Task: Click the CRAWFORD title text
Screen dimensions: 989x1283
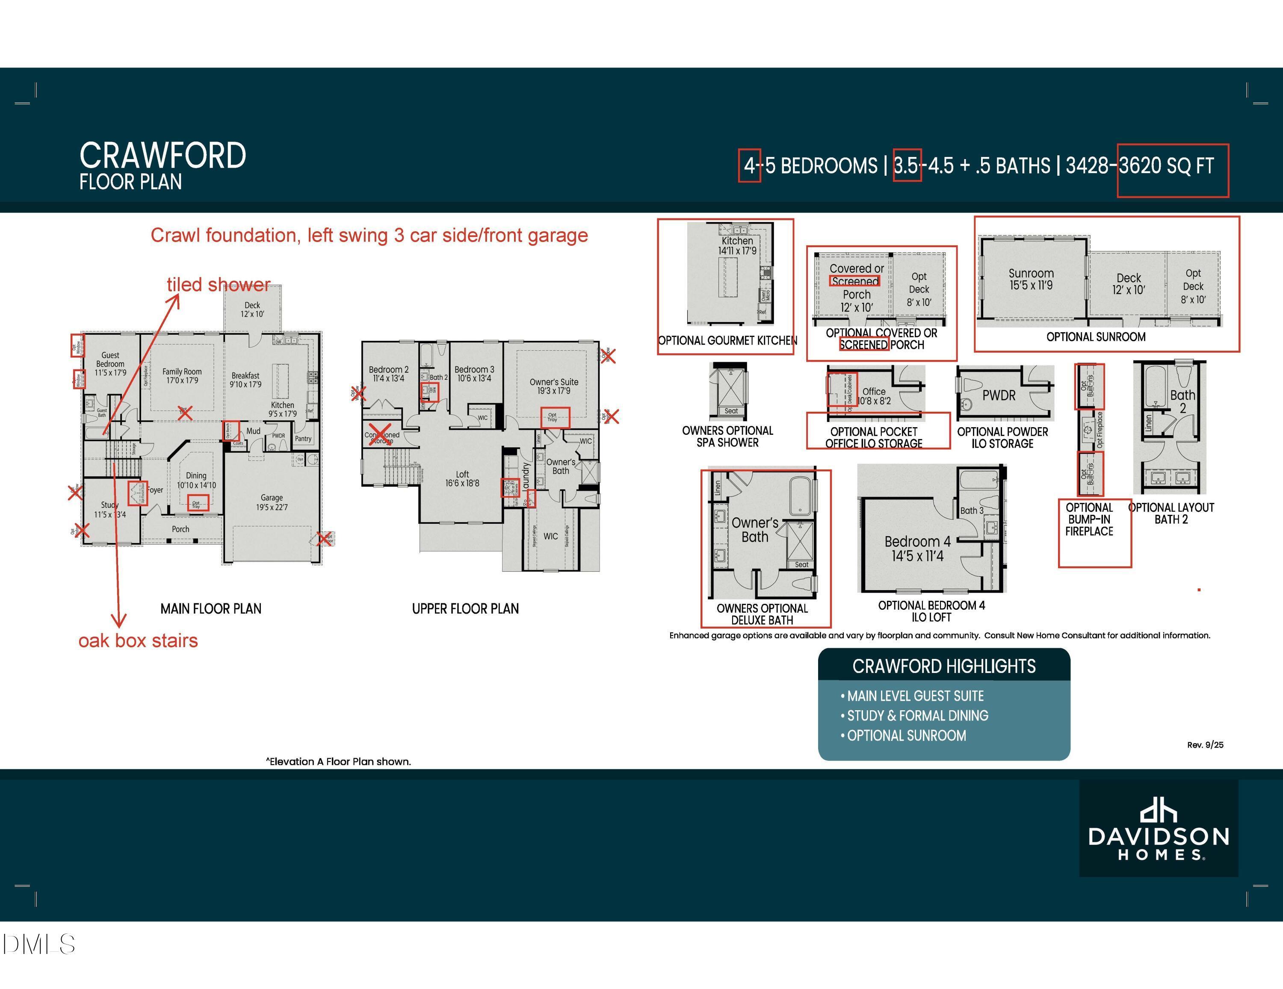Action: tap(163, 156)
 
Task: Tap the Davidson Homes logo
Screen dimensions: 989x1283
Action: tap(1159, 829)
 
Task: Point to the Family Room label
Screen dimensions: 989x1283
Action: tap(182, 376)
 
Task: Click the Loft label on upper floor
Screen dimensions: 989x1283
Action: tap(462, 478)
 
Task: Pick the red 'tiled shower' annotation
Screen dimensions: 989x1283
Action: tap(219, 285)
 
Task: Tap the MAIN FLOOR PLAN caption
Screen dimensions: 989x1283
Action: tap(211, 609)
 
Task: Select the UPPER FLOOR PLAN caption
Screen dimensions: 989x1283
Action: tap(465, 609)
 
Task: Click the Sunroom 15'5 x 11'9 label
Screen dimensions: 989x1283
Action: tap(1031, 279)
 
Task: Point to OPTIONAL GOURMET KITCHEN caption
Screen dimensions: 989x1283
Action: tap(727, 341)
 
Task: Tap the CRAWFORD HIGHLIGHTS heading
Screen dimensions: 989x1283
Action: tap(943, 667)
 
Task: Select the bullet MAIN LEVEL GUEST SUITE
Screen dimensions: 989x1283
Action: tap(915, 696)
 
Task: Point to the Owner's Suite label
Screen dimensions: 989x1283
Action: tap(553, 386)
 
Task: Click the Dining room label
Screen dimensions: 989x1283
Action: tap(196, 480)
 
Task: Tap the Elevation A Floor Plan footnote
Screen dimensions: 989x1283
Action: tap(338, 762)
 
